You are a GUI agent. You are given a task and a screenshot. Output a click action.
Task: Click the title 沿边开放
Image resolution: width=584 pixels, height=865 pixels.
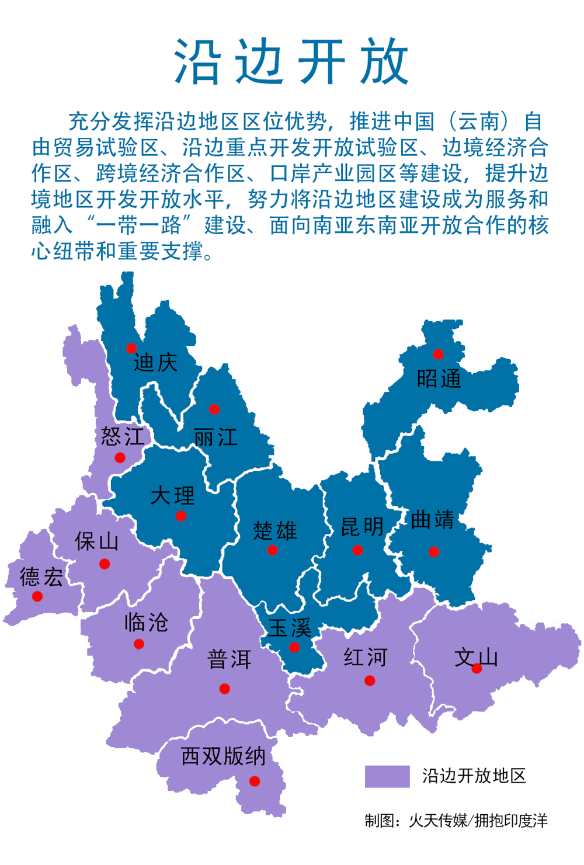tap(291, 62)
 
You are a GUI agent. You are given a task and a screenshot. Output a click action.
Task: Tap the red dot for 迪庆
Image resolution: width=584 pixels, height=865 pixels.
tap(131, 348)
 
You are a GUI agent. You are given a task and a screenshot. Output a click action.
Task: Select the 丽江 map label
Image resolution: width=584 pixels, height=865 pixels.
tap(215, 437)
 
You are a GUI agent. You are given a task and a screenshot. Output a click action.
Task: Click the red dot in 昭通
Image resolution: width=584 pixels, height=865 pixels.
tap(438, 354)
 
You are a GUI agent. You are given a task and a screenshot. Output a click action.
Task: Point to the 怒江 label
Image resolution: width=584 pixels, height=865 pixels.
tap(122, 436)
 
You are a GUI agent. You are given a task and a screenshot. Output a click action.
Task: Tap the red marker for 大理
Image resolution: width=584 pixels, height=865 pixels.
tap(181, 516)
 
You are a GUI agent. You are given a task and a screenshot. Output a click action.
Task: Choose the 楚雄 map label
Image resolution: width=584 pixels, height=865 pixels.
tap(275, 531)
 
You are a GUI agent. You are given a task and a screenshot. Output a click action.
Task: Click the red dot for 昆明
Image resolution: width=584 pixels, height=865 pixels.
tap(357, 550)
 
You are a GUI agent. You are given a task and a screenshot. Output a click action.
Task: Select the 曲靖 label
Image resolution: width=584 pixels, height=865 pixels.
tap(432, 519)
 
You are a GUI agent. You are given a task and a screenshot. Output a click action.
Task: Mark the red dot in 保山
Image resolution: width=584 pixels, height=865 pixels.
tap(105, 564)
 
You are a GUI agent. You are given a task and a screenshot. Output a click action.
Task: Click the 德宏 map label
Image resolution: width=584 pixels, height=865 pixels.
tap(41, 577)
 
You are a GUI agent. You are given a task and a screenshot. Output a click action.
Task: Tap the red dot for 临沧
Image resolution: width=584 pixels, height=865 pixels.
tap(139, 644)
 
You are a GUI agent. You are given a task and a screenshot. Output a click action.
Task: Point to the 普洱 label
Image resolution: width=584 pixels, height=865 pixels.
tap(229, 659)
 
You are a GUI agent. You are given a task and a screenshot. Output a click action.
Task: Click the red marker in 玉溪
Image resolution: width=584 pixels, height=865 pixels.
tap(294, 647)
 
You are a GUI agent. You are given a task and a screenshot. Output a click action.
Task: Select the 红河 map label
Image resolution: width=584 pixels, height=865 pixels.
tap(365, 657)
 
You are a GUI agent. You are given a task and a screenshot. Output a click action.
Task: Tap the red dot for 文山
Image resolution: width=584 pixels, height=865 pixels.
tap(477, 669)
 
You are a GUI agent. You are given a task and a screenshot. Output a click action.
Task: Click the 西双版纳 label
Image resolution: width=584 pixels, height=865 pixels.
tap(223, 756)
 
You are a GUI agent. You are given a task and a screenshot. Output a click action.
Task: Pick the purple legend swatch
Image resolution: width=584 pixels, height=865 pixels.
tap(387, 776)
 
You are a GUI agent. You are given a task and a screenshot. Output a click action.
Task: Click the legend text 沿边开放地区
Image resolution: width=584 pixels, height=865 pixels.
tap(474, 776)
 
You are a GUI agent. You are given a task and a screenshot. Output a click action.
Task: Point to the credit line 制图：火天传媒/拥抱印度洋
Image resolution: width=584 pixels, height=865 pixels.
tap(456, 821)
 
